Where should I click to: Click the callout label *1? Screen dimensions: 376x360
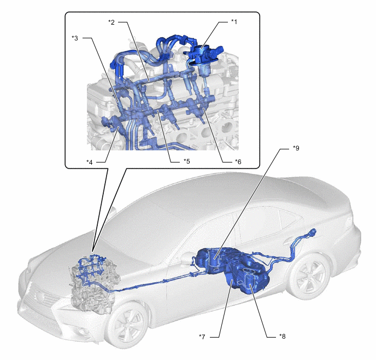234,22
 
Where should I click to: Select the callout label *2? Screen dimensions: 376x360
111,22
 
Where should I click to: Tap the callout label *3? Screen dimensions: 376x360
75,38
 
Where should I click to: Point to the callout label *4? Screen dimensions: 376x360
90,162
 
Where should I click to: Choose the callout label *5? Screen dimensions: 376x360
186,161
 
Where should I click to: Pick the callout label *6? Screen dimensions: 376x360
238,162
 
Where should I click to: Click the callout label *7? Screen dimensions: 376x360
202,337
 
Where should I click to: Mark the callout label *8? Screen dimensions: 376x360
282,336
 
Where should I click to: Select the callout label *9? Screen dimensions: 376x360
296,148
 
